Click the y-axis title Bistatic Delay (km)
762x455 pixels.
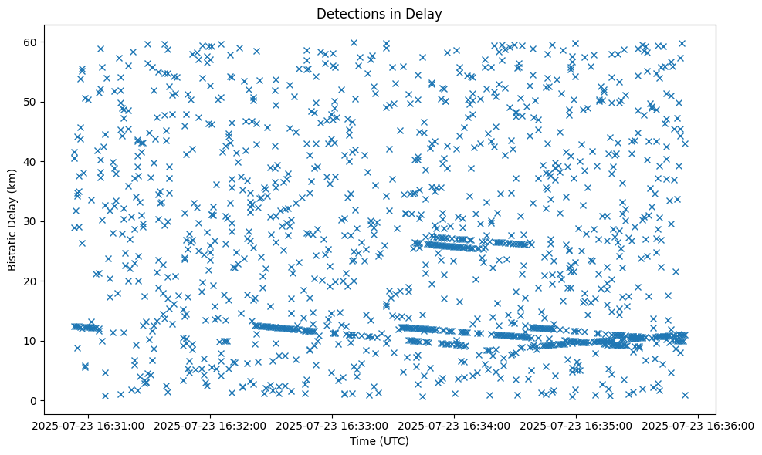pos(13,219)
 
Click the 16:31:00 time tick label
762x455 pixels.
pos(89,425)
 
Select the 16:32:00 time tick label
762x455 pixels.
pos(211,425)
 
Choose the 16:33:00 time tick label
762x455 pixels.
pos(333,425)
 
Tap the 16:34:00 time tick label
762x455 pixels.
pos(455,425)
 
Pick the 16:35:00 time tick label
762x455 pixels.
pos(577,425)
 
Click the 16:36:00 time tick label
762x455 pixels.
pos(699,425)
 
